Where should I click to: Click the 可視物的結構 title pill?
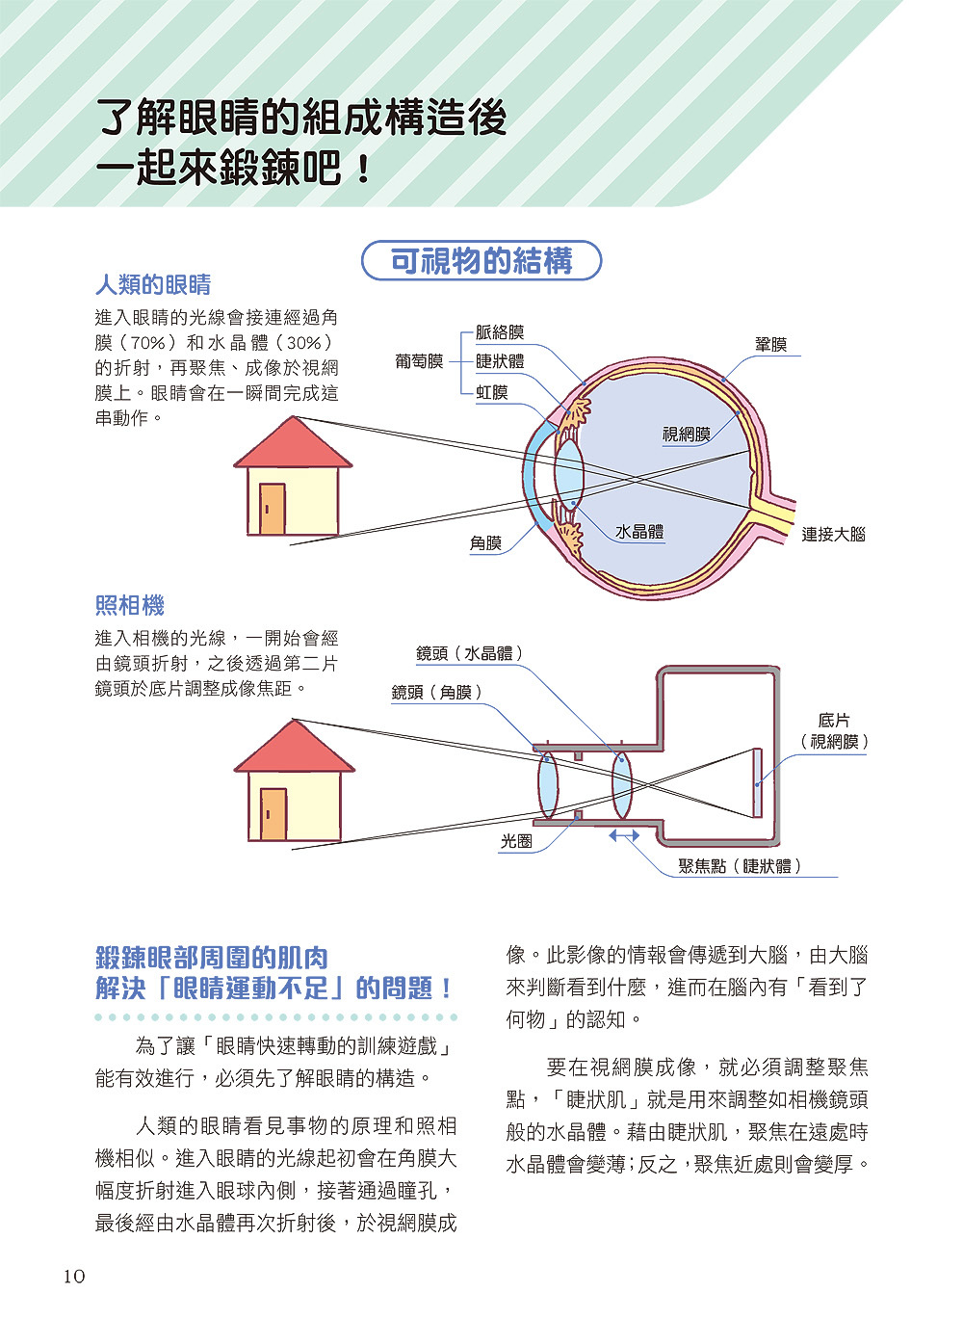pos(481,261)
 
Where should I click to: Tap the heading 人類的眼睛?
pos(153,285)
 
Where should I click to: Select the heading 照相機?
pos(130,606)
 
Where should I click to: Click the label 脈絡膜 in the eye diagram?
pos(500,332)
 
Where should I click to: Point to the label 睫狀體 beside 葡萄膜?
pos(500,361)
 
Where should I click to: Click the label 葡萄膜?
pos(419,361)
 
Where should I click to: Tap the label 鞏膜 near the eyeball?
pos(770,344)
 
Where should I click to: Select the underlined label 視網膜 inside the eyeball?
pos(686,435)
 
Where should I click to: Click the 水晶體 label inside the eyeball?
pos(639,532)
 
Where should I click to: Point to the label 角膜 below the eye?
pos(485,543)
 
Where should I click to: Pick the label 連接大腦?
pos(833,535)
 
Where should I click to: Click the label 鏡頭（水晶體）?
pos(470,653)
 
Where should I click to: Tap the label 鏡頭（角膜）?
pos(436,692)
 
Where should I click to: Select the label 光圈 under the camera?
pos(516,841)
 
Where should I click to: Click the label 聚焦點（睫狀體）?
pos(740,866)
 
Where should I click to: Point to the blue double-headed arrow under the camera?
pos(624,835)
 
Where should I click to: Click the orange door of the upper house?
pos(273,509)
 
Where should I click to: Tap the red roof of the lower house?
pos(294,750)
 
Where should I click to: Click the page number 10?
pos(74,1277)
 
